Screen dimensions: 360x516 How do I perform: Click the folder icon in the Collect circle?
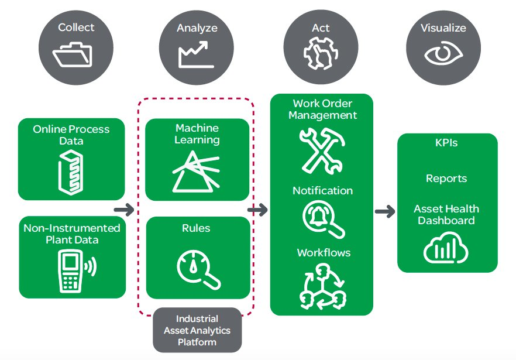tap(73, 55)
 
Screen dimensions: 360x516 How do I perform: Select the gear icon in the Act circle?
tap(321, 53)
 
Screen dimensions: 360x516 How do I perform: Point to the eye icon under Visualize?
tap(443, 54)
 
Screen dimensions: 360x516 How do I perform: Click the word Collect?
tap(76, 28)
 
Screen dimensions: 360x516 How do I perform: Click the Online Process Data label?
tap(71, 135)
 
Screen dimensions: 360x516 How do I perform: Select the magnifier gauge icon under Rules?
tap(198, 269)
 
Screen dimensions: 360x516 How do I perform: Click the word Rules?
tap(196, 228)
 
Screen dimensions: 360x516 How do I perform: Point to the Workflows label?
tap(324, 253)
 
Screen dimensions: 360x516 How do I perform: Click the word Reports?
tap(446, 179)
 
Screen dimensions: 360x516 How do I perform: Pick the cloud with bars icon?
tap(446, 248)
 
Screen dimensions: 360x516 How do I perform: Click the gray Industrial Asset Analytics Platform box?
tap(197, 330)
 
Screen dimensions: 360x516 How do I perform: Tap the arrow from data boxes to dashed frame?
tap(124, 209)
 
